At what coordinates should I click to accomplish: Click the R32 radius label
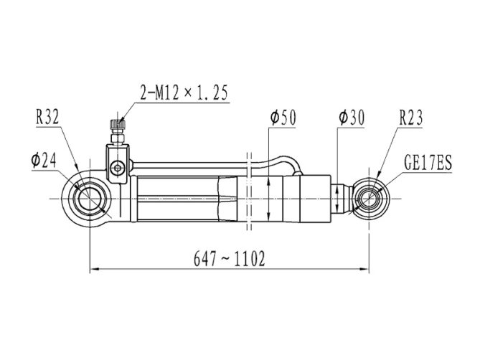click(47, 117)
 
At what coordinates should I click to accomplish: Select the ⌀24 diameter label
click(44, 161)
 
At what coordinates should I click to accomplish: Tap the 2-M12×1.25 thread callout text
click(184, 93)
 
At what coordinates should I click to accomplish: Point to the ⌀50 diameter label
click(283, 118)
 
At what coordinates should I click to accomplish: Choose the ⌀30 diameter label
click(352, 118)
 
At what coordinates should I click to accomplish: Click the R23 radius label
click(411, 118)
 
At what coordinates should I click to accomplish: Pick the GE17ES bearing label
click(428, 163)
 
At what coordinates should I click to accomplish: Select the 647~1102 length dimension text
click(230, 259)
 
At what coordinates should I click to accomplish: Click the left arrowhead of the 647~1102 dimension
click(94, 269)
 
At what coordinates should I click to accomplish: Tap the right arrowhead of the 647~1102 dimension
click(364, 269)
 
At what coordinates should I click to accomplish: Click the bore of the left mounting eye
click(90, 199)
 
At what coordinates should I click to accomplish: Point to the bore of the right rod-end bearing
click(370, 199)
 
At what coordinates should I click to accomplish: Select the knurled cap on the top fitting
click(118, 125)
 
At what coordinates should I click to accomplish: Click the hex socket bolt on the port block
click(118, 168)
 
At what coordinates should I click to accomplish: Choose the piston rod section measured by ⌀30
click(340, 199)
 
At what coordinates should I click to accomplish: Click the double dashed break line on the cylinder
click(249, 191)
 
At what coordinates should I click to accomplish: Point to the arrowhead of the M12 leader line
click(122, 120)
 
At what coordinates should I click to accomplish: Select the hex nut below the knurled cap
click(118, 139)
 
